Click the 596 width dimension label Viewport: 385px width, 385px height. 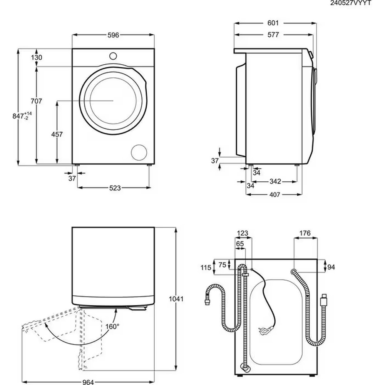point(113,35)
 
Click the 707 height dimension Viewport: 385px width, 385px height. point(36,101)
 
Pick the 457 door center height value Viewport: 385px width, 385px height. point(57,134)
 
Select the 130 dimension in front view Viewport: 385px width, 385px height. point(37,57)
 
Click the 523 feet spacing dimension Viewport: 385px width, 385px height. point(115,188)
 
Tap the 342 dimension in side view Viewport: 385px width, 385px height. point(275,181)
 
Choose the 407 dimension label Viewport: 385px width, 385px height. point(274,194)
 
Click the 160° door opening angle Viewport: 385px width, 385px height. point(112,326)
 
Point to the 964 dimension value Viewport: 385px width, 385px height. point(88,382)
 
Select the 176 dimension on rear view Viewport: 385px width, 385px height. point(305,233)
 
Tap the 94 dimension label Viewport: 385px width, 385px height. point(331,266)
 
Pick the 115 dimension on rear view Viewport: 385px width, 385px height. point(206,268)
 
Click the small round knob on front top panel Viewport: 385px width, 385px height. point(113,55)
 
